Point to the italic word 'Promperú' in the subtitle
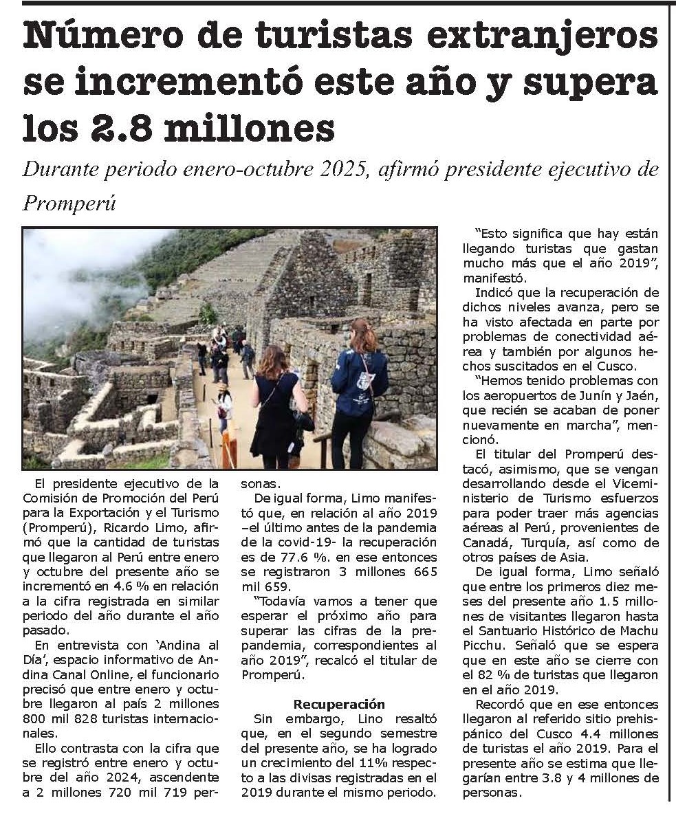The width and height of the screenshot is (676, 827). (69, 203)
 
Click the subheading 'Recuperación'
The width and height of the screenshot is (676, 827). (339, 704)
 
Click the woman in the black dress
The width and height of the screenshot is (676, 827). (276, 406)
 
